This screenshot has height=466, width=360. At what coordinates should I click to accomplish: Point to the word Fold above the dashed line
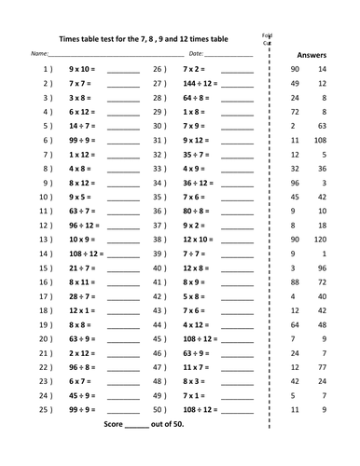click(268, 35)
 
